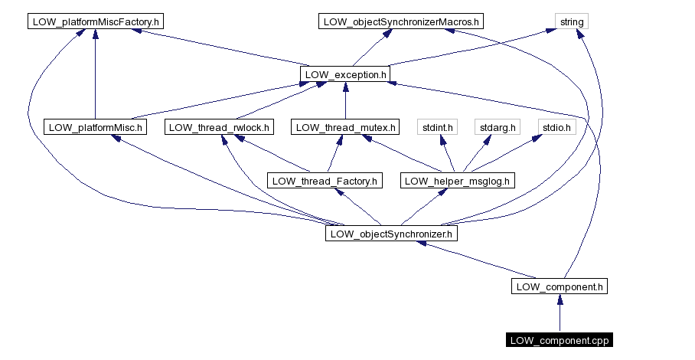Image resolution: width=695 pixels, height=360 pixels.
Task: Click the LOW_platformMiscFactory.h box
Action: click(x=95, y=21)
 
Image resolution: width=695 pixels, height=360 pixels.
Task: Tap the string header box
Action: click(x=572, y=21)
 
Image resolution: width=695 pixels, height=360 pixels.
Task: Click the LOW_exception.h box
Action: click(x=345, y=74)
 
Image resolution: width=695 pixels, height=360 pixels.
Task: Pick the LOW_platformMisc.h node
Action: click(x=95, y=127)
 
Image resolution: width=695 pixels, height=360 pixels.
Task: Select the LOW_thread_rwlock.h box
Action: click(x=219, y=127)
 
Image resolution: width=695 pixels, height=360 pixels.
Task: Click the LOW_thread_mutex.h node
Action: click(x=345, y=127)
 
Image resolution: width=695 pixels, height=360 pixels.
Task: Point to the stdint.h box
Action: click(x=438, y=127)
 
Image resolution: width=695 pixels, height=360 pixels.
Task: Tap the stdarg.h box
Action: click(x=498, y=127)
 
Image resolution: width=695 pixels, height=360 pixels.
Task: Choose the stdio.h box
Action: click(x=556, y=127)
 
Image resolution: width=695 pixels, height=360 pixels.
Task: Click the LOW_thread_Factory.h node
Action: click(x=323, y=181)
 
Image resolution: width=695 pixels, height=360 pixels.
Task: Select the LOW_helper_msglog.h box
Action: click(x=458, y=181)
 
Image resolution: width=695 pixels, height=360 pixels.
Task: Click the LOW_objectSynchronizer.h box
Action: click(x=391, y=234)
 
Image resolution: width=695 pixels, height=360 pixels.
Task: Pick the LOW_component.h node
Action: click(x=560, y=286)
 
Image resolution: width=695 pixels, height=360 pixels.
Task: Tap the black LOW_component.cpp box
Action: click(x=560, y=340)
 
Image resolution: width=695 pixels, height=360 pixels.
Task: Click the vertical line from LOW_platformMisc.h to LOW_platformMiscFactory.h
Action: click(x=95, y=77)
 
